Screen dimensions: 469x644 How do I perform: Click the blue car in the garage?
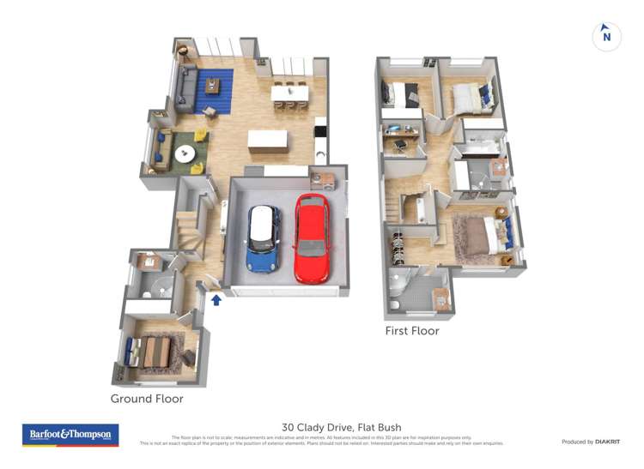(x=263, y=239)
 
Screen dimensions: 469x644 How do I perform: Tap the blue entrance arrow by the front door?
(x=216, y=300)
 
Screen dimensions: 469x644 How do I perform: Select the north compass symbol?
(x=607, y=36)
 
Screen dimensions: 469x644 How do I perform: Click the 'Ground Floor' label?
(x=147, y=399)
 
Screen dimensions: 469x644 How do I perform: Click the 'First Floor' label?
(x=411, y=331)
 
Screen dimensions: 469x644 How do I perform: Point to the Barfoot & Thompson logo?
(x=70, y=435)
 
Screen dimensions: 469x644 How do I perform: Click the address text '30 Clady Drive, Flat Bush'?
(x=341, y=427)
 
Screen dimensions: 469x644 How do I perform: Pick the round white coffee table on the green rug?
(x=185, y=154)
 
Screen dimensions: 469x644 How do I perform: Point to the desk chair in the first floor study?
(x=400, y=147)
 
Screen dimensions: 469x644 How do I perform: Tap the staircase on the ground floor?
(x=188, y=232)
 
